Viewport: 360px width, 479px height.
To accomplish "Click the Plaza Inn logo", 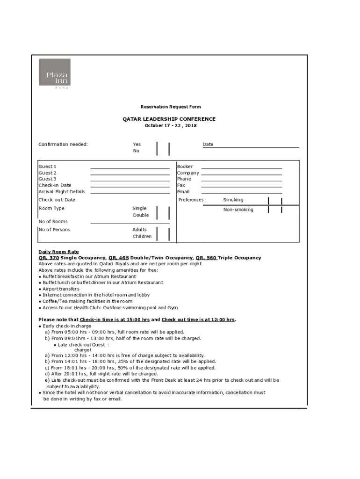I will pos(55,73).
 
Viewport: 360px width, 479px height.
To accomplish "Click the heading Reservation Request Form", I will pos(171,107).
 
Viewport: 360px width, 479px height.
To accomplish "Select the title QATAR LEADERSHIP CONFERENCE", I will pos(169,119).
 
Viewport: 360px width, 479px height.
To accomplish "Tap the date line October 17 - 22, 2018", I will pos(171,126).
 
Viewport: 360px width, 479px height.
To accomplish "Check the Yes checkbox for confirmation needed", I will pos(163,145).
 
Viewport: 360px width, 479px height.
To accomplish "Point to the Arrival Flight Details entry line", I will pos(130,192).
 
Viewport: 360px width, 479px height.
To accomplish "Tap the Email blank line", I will pos(241,192).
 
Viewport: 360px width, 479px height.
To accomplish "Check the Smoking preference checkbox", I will pos(275,201).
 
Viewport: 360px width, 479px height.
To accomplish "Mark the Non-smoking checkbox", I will pos(275,210).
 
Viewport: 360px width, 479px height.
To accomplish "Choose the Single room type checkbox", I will pos(163,209).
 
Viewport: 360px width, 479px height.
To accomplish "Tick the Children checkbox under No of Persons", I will pos(163,237).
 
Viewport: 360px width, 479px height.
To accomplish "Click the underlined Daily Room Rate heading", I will pos(58,252).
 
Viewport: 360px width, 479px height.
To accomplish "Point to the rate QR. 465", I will pos(118,258).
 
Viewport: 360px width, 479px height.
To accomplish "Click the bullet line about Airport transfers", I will pos(61,289).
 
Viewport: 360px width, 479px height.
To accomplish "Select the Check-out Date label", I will pos(57,200).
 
